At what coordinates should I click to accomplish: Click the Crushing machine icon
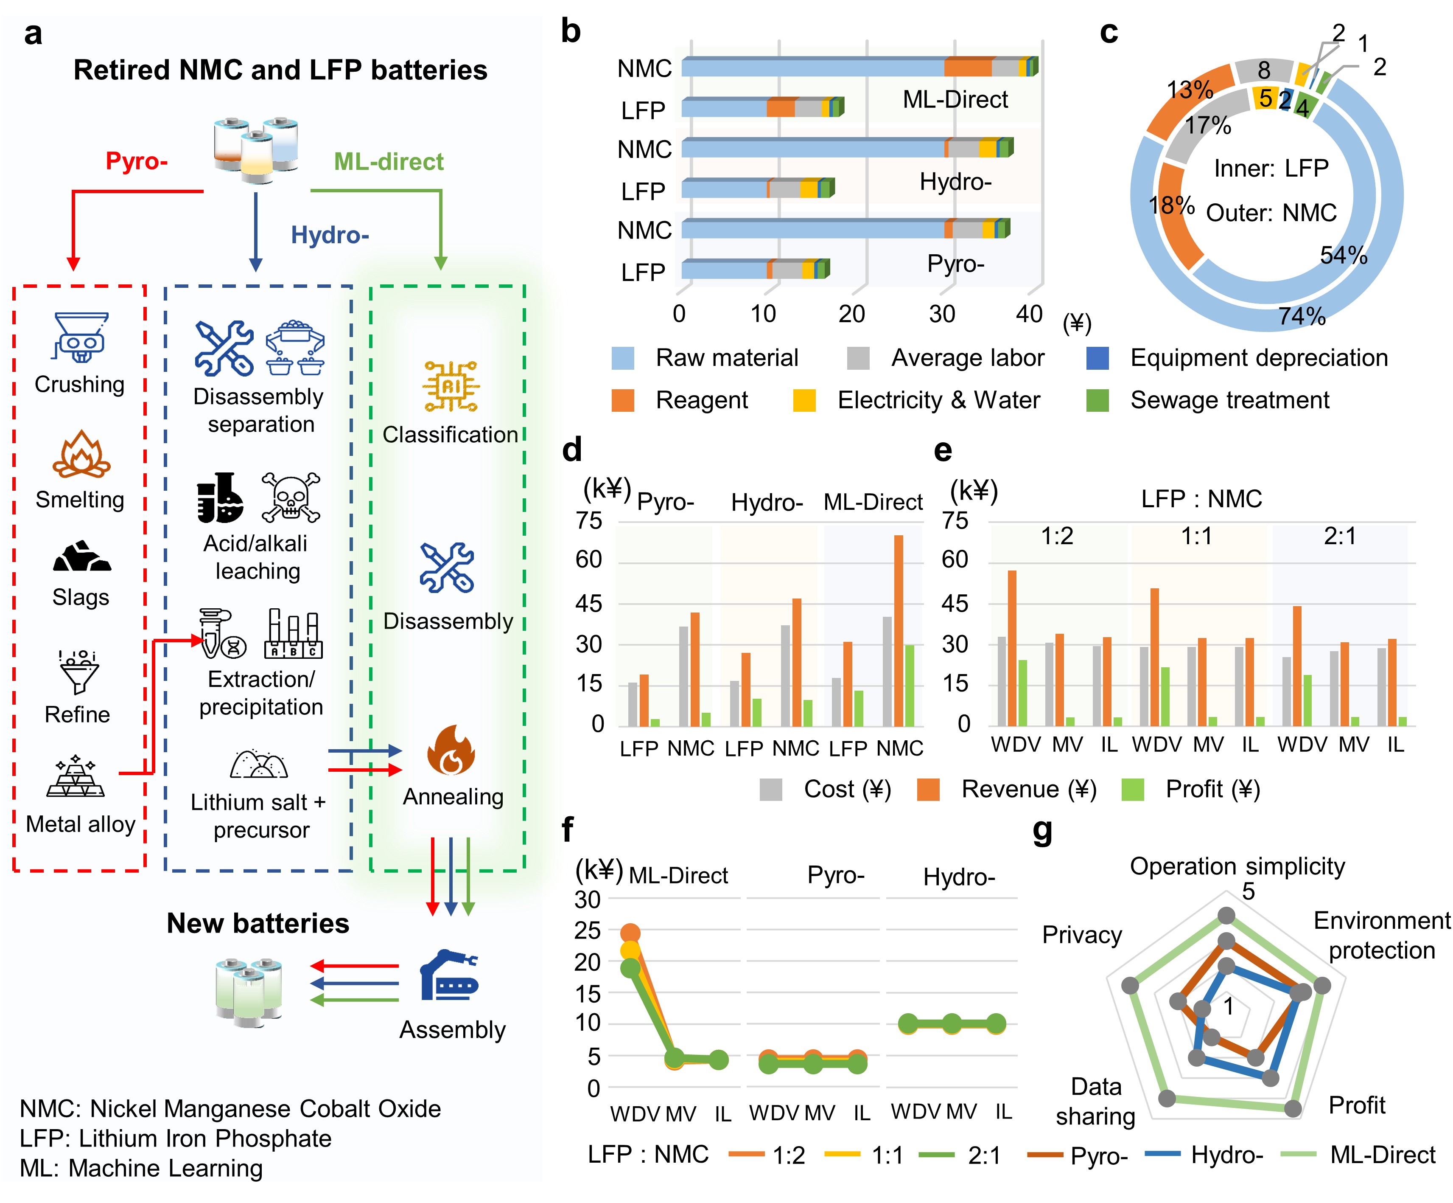81,337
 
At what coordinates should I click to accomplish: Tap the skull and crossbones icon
291,497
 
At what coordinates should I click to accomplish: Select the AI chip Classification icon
451,386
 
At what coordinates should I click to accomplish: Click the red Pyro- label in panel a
136,161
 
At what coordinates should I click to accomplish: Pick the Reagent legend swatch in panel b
623,400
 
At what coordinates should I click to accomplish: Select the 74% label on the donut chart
1302,316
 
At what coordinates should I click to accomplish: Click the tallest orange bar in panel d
898,630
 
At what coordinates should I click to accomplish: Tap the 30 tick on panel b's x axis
942,314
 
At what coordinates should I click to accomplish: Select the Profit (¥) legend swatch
1133,790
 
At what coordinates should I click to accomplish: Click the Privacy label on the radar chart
1082,935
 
